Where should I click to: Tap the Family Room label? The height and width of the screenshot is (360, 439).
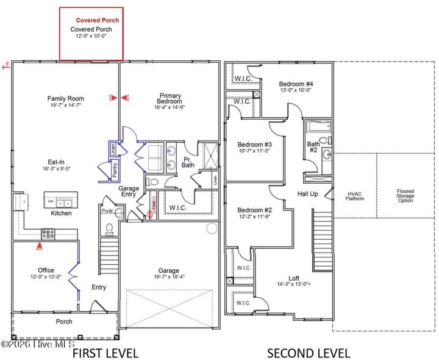pyautogui.click(x=66, y=98)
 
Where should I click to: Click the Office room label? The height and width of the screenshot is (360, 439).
pyautogui.click(x=46, y=270)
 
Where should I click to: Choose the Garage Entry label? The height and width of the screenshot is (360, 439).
pyautogui.click(x=129, y=192)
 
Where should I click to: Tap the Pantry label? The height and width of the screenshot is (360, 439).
pyautogui.click(x=115, y=170)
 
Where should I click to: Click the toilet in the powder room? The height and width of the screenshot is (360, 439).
pyautogui.click(x=110, y=228)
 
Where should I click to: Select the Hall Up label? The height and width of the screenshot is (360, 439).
pyautogui.click(x=307, y=193)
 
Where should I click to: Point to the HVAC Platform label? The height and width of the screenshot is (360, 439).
pyautogui.click(x=354, y=196)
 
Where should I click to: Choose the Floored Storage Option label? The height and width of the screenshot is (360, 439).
pyautogui.click(x=405, y=195)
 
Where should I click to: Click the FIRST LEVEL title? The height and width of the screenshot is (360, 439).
pyautogui.click(x=105, y=353)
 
